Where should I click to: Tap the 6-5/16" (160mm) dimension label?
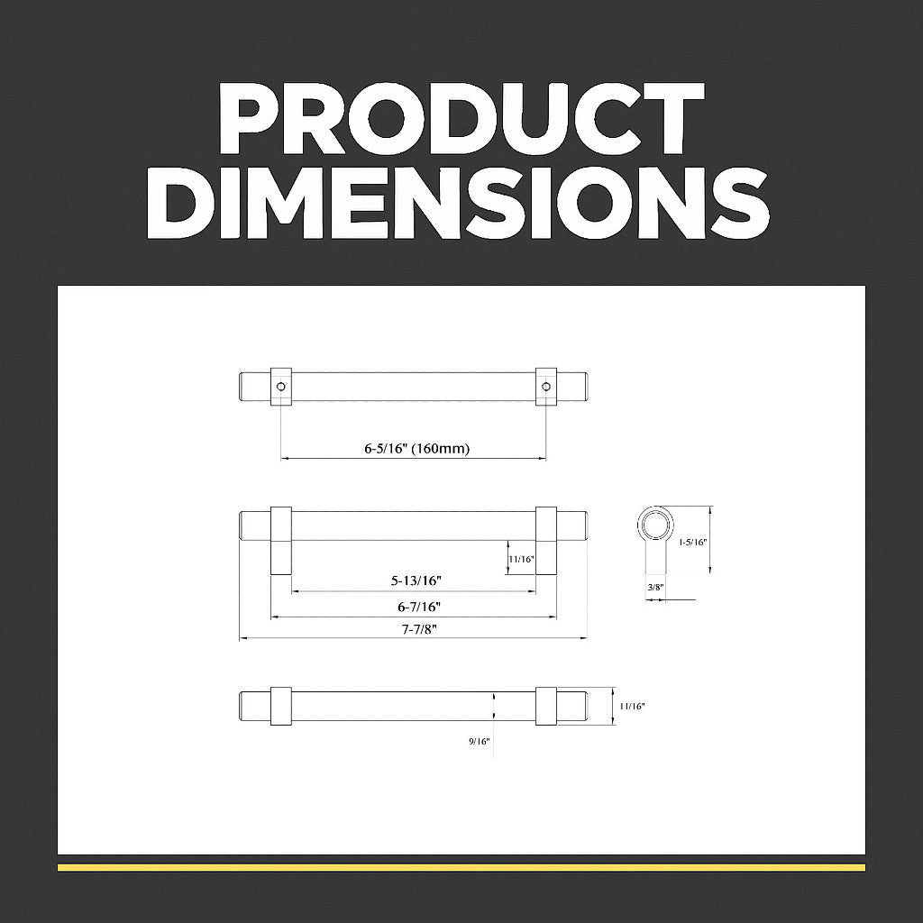click(416, 449)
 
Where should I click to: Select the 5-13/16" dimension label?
click(416, 580)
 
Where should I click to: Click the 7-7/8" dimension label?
click(419, 628)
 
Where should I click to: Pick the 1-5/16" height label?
click(692, 542)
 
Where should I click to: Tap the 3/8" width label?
click(655, 587)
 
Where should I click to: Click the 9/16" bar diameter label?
click(480, 741)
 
